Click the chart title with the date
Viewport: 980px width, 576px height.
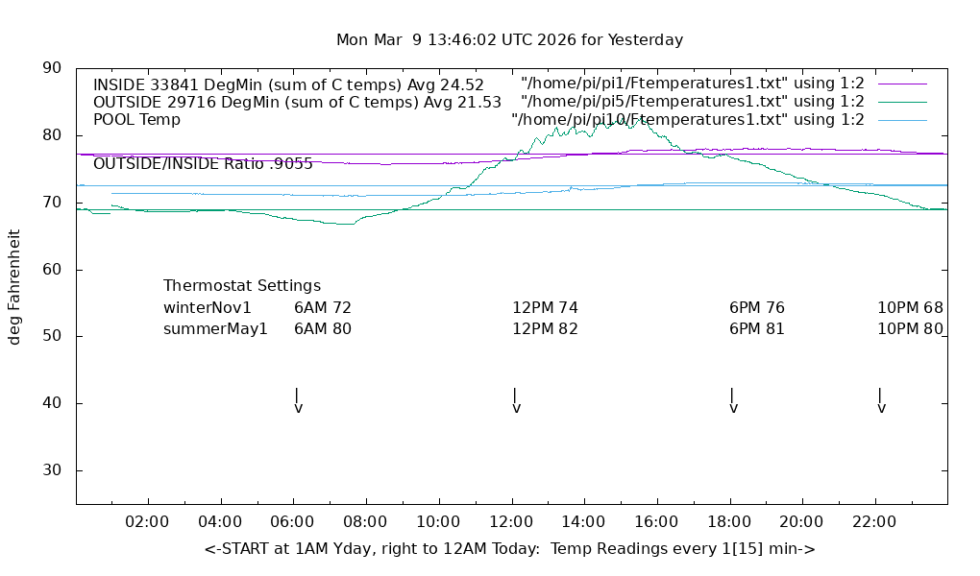tap(509, 40)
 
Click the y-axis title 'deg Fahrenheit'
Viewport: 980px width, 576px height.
tap(14, 286)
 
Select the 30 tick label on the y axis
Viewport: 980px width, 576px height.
tap(52, 470)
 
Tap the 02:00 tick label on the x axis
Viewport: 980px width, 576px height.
tap(148, 522)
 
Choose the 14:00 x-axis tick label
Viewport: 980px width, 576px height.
tap(584, 522)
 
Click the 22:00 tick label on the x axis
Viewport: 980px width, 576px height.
tap(874, 522)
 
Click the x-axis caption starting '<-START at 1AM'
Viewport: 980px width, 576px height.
tap(509, 549)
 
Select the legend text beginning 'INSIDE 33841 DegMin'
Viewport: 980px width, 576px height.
tap(288, 84)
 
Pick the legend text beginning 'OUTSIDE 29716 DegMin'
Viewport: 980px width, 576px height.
tap(297, 102)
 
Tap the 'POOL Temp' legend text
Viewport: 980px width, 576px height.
tap(136, 120)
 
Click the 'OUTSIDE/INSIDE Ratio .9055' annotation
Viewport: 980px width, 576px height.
tap(203, 164)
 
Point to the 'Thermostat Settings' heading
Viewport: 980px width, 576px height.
tap(242, 286)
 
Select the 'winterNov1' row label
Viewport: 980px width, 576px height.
tap(208, 308)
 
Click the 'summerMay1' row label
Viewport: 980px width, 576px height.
tap(215, 329)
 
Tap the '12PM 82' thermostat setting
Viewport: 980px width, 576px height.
tap(545, 329)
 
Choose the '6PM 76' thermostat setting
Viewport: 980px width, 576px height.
tap(757, 308)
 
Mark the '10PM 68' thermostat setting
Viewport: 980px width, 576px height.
tap(910, 308)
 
